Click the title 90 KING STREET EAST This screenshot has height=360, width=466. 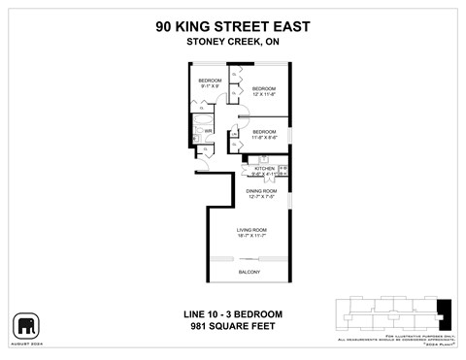click(232, 27)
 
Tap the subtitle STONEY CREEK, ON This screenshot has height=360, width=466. click(232, 43)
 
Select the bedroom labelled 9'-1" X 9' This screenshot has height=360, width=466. click(210, 82)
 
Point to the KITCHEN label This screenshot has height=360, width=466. click(264, 168)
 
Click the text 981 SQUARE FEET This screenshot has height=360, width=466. click(233, 327)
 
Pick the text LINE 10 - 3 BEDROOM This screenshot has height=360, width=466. click(233, 314)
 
